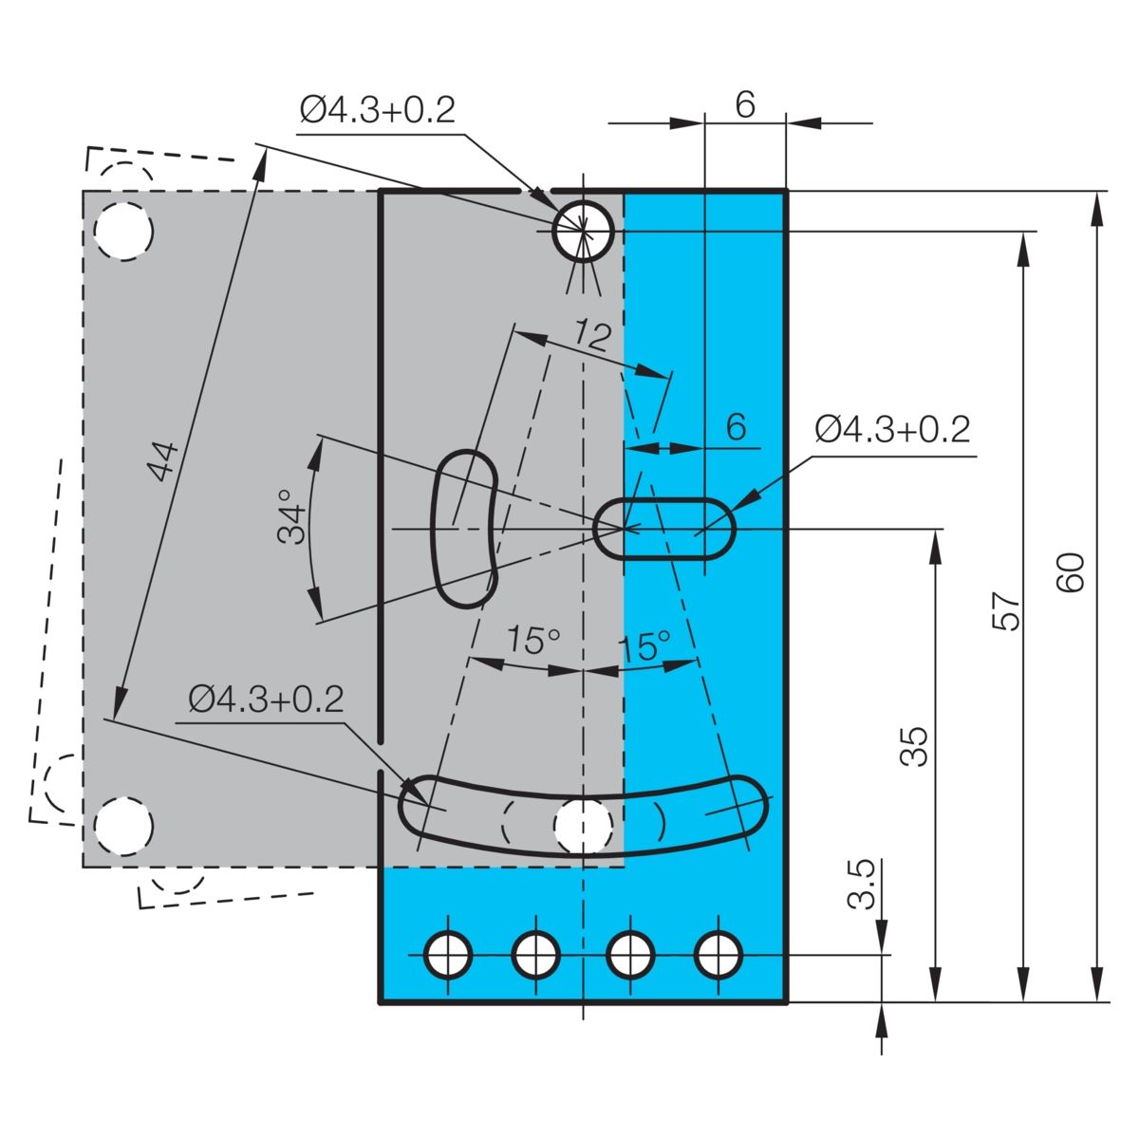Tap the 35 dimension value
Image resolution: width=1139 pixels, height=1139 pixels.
[x=914, y=747]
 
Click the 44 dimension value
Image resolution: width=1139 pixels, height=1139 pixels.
[x=162, y=461]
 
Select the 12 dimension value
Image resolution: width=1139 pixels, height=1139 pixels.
[x=593, y=336]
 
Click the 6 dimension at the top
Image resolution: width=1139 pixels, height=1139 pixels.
[x=745, y=104]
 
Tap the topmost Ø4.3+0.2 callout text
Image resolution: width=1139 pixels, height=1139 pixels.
[x=378, y=110]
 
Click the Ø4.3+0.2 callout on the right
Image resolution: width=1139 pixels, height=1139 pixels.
[x=893, y=429]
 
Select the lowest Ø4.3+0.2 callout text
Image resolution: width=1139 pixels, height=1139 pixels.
[x=266, y=700]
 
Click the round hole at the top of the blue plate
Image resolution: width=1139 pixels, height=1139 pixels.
[x=583, y=231]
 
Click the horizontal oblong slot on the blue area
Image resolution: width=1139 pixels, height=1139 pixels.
[x=665, y=529]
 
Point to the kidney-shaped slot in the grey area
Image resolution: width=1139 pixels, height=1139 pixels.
[x=466, y=529]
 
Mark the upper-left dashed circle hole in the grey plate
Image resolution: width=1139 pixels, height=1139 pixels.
[x=123, y=231]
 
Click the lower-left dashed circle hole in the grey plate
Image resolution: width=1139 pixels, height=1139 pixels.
[x=123, y=826]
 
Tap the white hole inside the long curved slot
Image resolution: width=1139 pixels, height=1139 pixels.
[x=583, y=827]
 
